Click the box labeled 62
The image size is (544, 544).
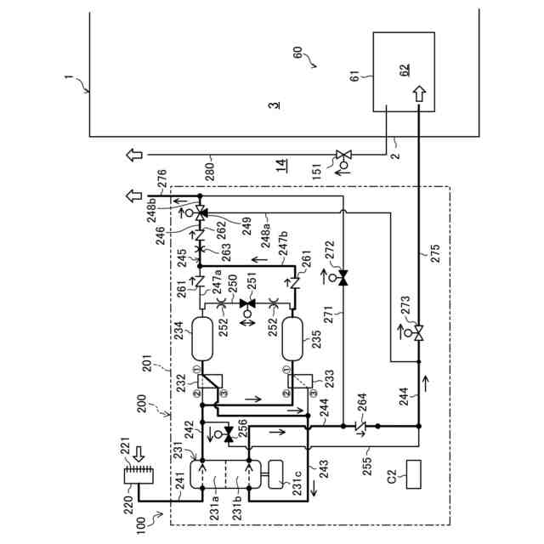click(404, 71)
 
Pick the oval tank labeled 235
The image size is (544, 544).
click(293, 337)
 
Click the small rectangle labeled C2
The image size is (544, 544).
click(416, 473)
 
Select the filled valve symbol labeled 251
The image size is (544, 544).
click(248, 303)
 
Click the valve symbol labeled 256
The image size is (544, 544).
click(227, 433)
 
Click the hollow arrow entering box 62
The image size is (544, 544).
click(419, 93)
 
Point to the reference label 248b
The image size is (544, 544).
click(150, 207)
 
